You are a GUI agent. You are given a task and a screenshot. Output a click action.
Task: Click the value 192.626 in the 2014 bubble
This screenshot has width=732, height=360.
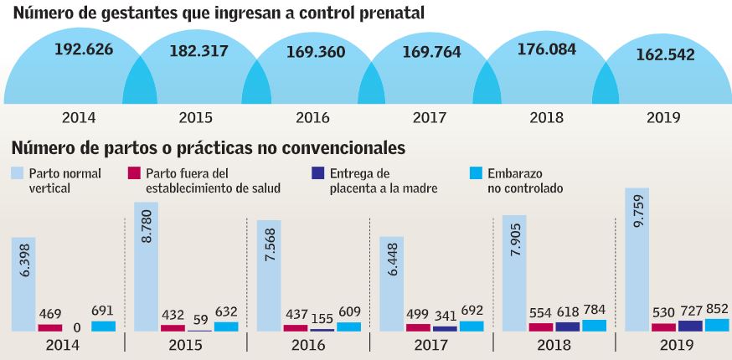pos(83,48)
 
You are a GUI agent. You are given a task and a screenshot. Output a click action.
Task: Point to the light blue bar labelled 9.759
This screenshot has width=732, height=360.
pos(637,260)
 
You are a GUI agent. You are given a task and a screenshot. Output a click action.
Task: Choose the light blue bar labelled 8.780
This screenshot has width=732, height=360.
pos(146,266)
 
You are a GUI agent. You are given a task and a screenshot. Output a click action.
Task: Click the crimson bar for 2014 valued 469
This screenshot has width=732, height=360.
pos(49,327)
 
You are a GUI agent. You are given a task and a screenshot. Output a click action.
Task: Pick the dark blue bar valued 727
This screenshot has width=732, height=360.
pos(691,326)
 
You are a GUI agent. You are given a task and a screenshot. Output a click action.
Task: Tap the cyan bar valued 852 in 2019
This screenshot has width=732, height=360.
pos(717,325)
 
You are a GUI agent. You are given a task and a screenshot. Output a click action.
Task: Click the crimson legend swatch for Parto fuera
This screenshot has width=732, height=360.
pos(132,173)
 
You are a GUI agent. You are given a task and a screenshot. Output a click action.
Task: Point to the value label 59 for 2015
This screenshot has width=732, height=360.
pos(199,320)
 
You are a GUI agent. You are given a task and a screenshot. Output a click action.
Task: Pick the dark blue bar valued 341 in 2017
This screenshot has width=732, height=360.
pos(445,328)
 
